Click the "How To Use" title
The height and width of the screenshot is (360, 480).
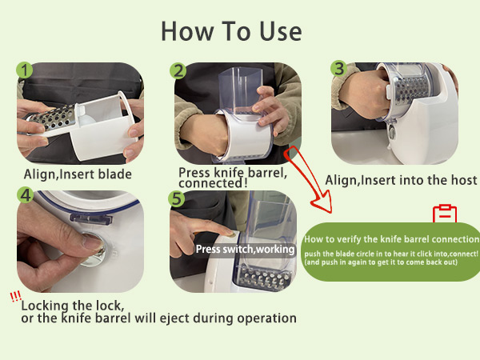(231, 31)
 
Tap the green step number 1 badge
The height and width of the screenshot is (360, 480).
(25, 70)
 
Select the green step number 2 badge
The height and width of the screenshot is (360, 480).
(178, 71)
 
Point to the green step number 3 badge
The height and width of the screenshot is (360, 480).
(338, 69)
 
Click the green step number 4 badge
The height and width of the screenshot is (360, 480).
(25, 195)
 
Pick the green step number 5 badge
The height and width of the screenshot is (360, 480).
(177, 199)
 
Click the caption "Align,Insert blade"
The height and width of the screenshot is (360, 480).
(78, 174)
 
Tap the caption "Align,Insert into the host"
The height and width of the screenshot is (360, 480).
(401, 180)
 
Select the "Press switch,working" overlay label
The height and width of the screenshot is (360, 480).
(246, 249)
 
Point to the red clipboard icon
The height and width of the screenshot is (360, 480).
(445, 214)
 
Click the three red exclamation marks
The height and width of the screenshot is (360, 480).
(15, 296)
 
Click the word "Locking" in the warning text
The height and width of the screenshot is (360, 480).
(45, 306)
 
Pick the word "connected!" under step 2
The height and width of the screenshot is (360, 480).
(213, 183)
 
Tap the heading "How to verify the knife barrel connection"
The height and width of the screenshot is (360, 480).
(391, 239)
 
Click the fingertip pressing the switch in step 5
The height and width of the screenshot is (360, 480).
(230, 234)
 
